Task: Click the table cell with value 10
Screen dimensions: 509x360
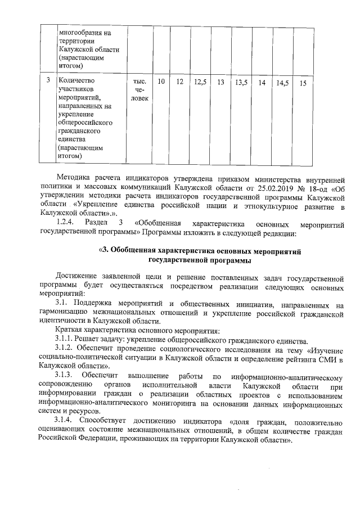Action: point(161,83)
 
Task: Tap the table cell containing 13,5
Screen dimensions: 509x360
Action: point(241,83)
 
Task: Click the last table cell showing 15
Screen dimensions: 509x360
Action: point(303,83)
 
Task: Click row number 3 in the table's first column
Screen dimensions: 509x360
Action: point(48,83)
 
